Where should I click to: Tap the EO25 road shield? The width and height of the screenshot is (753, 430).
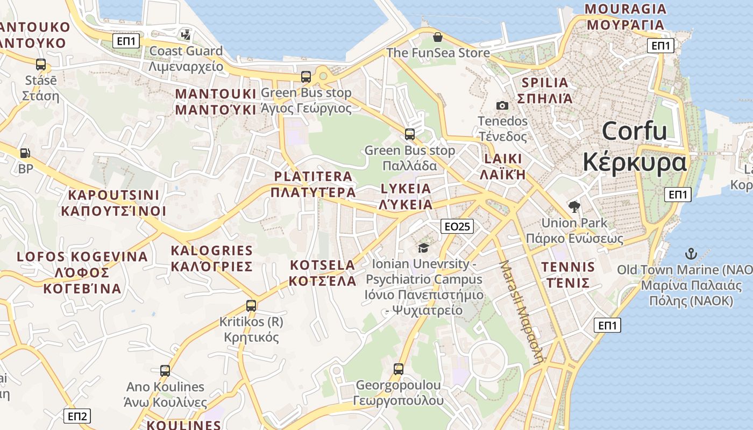[x=457, y=226]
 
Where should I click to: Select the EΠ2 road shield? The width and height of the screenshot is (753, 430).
[x=77, y=415]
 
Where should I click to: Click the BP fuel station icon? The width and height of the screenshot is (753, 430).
[x=25, y=153]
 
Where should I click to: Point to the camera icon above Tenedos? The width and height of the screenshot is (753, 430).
[x=502, y=105]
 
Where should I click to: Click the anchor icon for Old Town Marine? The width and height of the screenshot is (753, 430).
[x=691, y=253]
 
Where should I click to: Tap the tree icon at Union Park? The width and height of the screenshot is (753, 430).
[x=574, y=206]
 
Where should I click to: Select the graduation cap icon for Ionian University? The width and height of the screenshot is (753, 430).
[x=424, y=248]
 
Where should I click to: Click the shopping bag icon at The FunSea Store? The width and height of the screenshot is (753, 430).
[x=438, y=37]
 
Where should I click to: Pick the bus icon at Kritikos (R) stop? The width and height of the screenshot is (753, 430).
[x=251, y=306]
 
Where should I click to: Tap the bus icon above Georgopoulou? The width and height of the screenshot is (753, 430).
[x=398, y=369]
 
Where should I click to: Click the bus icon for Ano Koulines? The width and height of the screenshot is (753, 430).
[x=165, y=370]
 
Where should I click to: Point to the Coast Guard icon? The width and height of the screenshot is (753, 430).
[x=186, y=35]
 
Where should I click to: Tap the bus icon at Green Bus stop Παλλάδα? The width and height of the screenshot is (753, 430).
[x=410, y=134]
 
